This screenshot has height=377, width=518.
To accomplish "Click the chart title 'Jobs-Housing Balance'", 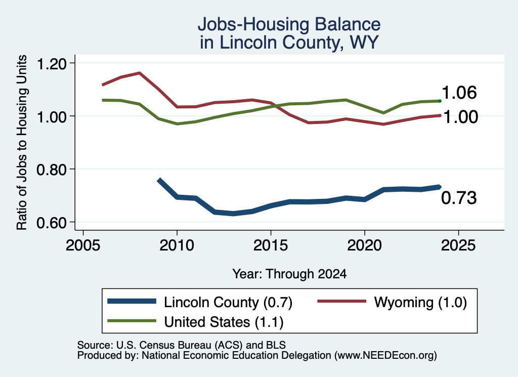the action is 289,24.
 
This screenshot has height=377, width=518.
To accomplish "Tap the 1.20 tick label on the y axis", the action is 51,63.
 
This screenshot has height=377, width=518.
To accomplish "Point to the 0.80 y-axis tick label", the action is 51,170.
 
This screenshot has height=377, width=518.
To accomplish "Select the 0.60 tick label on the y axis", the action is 51,223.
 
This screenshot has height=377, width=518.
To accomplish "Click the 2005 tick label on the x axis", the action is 83,245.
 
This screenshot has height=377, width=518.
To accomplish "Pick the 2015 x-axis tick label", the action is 271,245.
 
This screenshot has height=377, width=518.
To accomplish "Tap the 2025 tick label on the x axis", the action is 458,245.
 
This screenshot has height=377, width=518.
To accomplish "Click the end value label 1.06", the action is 459,93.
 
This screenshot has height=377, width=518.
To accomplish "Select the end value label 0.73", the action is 459,198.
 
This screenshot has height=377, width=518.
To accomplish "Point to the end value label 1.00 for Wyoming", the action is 460,117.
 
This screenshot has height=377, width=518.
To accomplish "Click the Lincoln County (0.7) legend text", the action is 228,302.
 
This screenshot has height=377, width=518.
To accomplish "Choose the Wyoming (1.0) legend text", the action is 420,302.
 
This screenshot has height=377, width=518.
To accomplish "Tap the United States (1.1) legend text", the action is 224,322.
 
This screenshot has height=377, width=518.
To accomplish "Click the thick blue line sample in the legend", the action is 132,301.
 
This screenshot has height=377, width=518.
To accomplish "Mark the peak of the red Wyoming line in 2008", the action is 140,73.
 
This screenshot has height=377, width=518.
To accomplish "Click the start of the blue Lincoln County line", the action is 159,180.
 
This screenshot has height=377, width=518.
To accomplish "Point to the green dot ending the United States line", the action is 440,101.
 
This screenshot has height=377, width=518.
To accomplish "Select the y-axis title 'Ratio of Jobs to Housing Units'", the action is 22,142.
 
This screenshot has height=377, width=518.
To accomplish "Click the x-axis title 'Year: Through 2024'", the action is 289,274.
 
